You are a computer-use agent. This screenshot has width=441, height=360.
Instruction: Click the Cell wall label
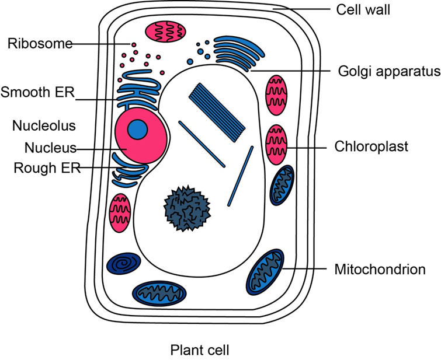pos(363,10)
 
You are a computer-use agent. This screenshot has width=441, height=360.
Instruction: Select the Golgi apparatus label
pos(388,72)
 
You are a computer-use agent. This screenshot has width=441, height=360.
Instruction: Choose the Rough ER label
pos(41,167)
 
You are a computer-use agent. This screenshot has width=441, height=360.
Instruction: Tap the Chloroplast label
pos(371,146)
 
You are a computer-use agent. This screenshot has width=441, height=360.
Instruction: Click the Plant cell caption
pos(200,350)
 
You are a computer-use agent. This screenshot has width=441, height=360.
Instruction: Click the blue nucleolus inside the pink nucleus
pos(138,129)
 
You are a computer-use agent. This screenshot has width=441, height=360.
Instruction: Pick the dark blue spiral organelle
pos(124,265)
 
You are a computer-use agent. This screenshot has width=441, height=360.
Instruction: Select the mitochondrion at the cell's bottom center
pos(161,292)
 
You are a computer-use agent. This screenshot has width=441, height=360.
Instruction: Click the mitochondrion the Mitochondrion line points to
pos(266,272)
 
